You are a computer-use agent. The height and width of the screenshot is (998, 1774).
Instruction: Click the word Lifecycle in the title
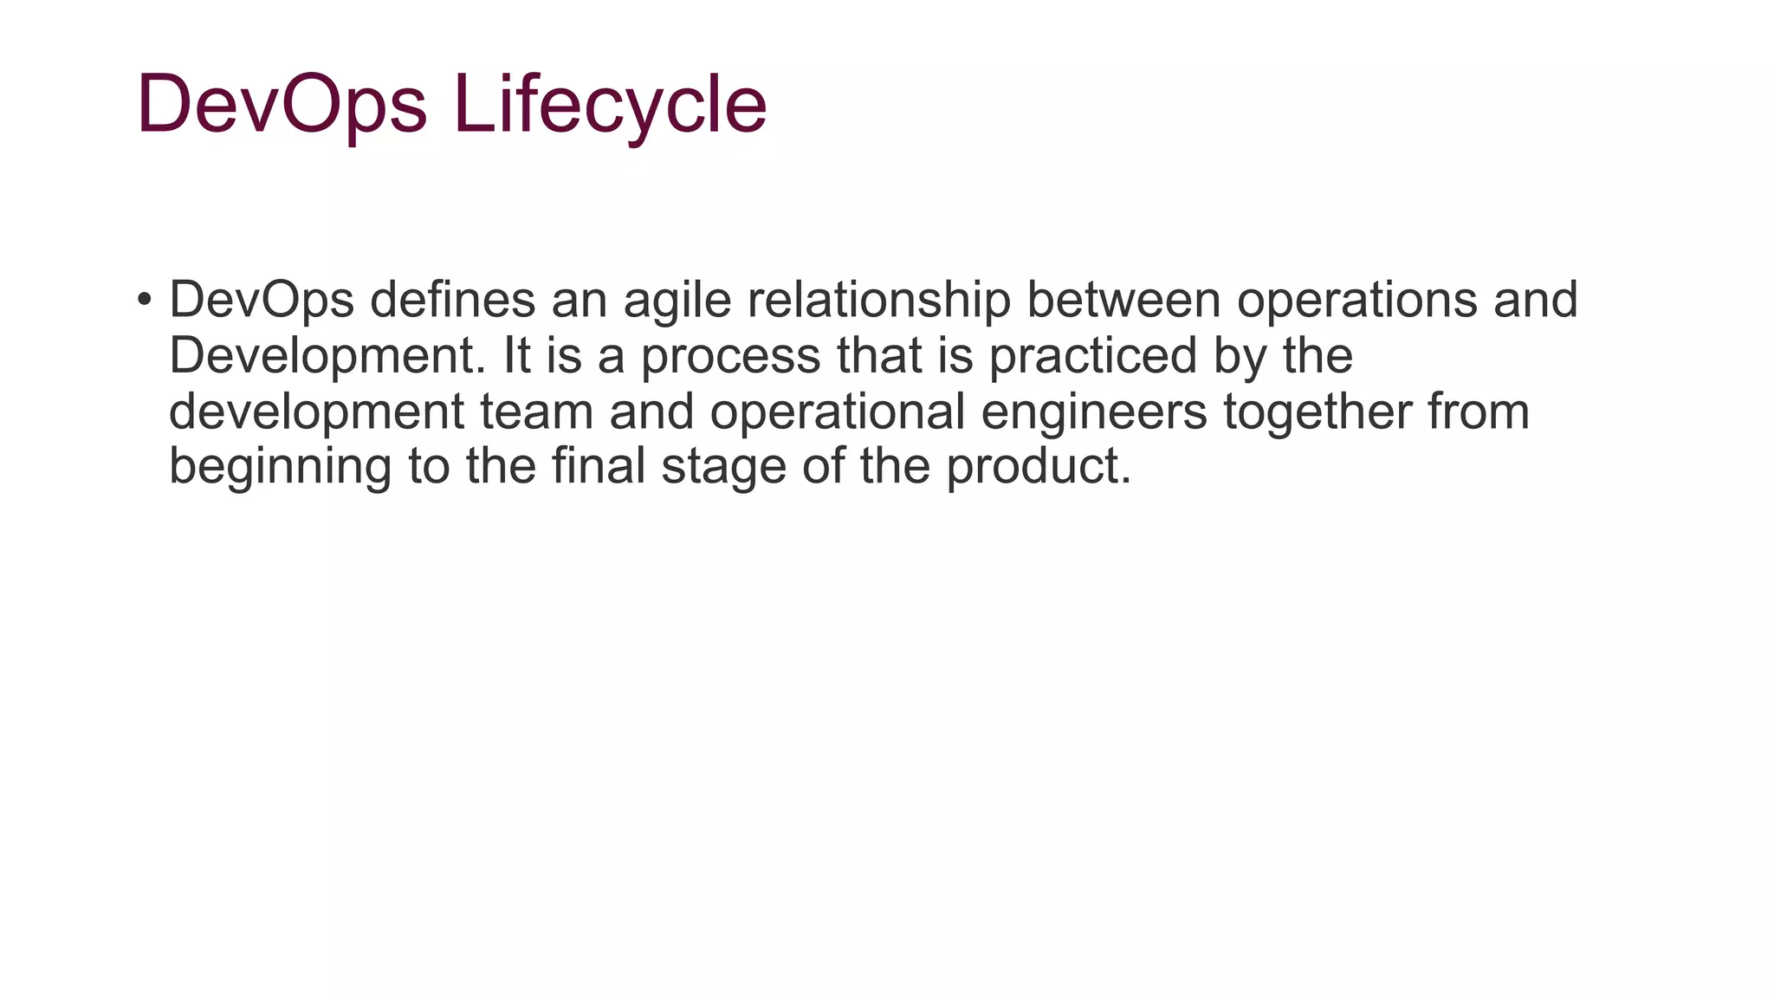click(610, 104)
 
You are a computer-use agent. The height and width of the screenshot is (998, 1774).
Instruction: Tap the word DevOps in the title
click(282, 104)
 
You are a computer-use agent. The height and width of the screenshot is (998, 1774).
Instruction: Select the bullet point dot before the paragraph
click(145, 301)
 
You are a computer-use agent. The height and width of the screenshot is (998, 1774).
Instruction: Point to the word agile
click(677, 301)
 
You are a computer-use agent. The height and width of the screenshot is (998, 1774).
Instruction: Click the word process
click(730, 357)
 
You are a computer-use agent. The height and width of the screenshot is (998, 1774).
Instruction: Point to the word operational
click(838, 412)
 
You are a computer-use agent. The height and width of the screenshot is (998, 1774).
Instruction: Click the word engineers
click(1094, 412)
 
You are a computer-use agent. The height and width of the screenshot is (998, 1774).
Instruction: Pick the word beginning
click(280, 468)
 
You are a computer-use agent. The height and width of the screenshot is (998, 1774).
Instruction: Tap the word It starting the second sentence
click(516, 356)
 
